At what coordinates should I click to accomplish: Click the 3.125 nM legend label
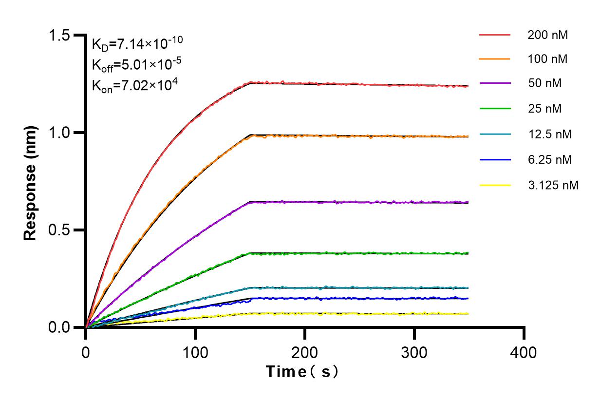553,185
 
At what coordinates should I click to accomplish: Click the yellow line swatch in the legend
495,185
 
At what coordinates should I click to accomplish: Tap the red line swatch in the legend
495,35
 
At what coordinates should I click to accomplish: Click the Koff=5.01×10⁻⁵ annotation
134,64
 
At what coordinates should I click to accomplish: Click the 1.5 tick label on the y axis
59,36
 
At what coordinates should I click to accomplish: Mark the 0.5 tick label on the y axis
59,230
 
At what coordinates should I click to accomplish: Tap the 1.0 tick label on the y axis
59,133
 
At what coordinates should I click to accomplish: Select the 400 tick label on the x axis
524,352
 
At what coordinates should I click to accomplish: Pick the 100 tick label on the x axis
195,352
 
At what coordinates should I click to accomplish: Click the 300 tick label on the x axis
414,352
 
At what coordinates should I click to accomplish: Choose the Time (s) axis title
302,372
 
